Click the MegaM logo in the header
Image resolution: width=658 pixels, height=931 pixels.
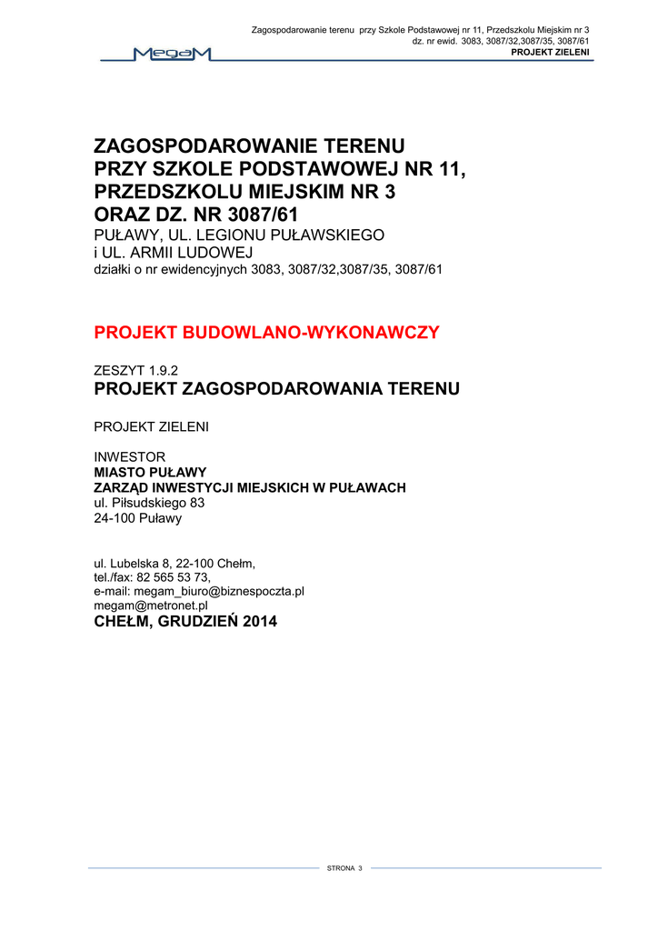pyautogui.click(x=172, y=55)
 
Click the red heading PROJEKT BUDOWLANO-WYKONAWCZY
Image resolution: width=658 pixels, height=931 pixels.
pyautogui.click(x=266, y=333)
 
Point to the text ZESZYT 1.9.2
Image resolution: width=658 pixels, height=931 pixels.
pyautogui.click(x=135, y=370)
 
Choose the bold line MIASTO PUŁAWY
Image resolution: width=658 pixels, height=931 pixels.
pyautogui.click(x=151, y=473)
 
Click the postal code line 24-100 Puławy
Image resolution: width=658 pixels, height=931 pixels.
pyautogui.click(x=138, y=518)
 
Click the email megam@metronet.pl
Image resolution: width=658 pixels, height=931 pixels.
pyautogui.click(x=151, y=605)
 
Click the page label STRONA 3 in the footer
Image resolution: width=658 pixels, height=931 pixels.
pyautogui.click(x=344, y=869)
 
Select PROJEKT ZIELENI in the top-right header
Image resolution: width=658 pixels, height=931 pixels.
pyautogui.click(x=551, y=53)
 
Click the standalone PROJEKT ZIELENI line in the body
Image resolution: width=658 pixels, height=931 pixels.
pyautogui.click(x=152, y=427)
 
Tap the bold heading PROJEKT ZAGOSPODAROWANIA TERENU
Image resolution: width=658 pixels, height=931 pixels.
pyautogui.click(x=277, y=389)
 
